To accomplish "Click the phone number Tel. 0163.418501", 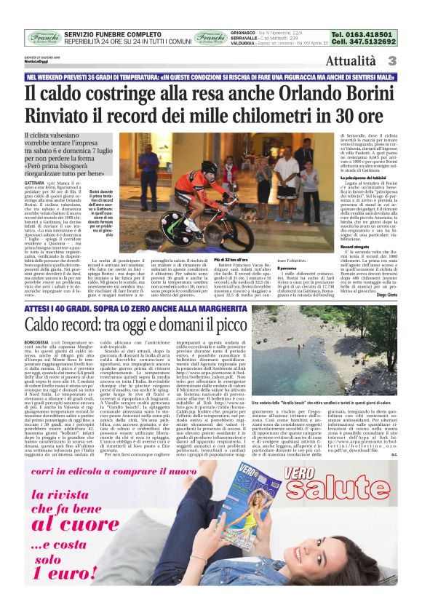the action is (x=362, y=34).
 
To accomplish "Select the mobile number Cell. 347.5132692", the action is (x=362, y=42).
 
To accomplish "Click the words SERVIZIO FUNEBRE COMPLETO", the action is (x=112, y=34).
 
